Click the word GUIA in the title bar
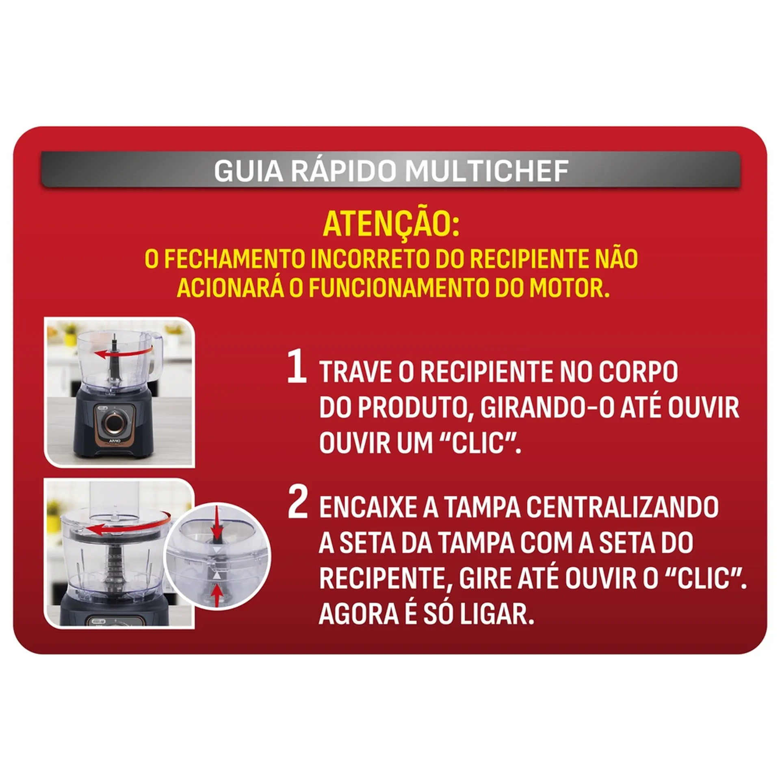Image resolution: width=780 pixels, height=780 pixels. [x=248, y=171]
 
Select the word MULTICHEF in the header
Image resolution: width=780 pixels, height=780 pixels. [x=487, y=171]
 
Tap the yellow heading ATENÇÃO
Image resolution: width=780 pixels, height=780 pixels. [x=391, y=225]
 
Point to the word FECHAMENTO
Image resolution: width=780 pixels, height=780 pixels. [x=234, y=258]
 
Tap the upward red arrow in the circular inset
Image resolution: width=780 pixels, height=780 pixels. [x=218, y=595]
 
